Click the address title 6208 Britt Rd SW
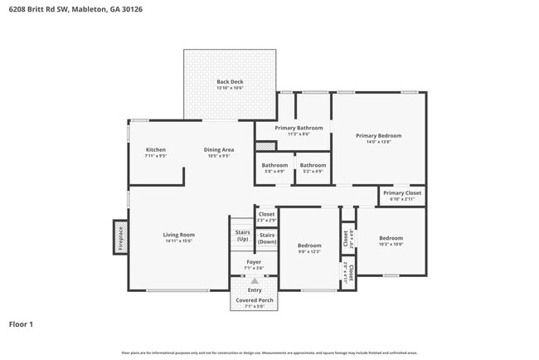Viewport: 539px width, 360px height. pyautogui.click(x=70, y=9)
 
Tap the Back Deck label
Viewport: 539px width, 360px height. pyautogui.click(x=230, y=82)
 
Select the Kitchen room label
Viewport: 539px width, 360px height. pyautogui.click(x=156, y=150)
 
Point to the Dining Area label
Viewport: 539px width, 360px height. pyautogui.click(x=219, y=150)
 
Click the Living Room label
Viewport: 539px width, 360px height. pyautogui.click(x=178, y=236)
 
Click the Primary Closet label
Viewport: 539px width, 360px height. pyautogui.click(x=401, y=193)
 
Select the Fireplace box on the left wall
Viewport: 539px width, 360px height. pyautogui.click(x=120, y=237)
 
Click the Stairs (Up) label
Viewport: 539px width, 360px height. pyautogui.click(x=242, y=235)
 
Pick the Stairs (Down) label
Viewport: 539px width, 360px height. pyautogui.click(x=266, y=239)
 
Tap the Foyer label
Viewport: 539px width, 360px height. pyautogui.click(x=254, y=263)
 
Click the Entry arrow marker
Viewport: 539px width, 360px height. pyautogui.click(x=254, y=281)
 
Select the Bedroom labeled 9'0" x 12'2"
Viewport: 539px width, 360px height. pyautogui.click(x=309, y=246)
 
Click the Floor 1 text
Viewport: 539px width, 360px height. pyautogui.click(x=21, y=324)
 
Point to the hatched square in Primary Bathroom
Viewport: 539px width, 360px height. pyautogui.click(x=265, y=146)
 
